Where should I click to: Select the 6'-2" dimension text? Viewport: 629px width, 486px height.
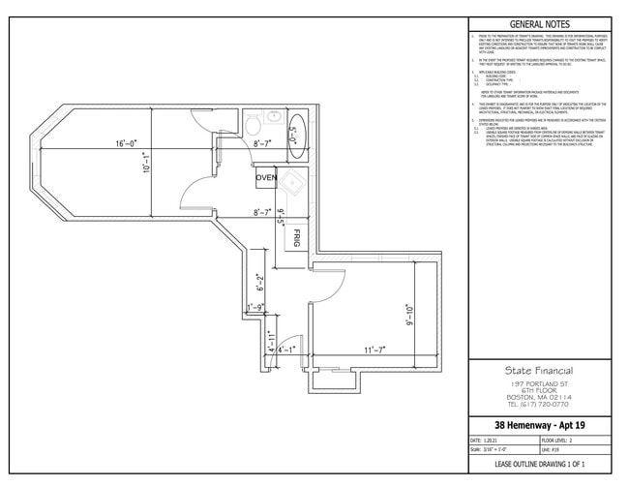(x=259, y=285)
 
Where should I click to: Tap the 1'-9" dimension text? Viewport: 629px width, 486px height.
(x=255, y=308)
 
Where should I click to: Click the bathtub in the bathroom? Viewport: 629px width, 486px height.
(x=297, y=127)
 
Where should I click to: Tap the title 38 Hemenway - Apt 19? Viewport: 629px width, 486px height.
(x=540, y=425)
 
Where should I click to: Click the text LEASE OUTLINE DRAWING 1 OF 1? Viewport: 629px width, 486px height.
(x=540, y=466)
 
